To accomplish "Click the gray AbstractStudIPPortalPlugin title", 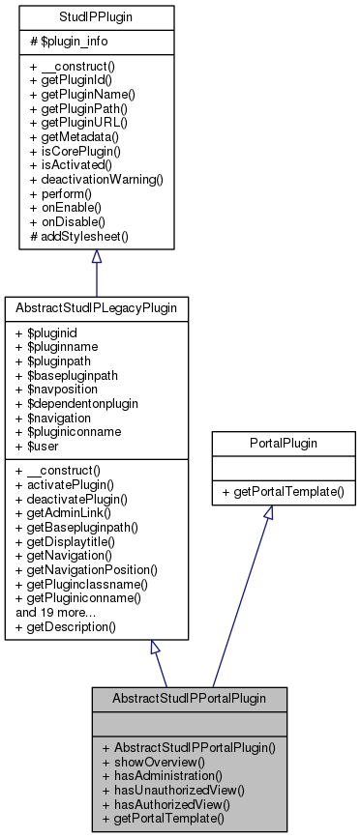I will tap(189, 696).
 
